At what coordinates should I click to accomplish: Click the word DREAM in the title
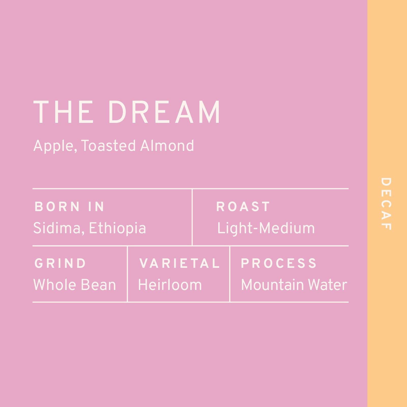click(164, 112)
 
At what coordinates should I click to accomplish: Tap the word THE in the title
click(64, 112)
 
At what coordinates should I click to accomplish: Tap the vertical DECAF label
click(386, 204)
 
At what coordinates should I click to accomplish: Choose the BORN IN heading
click(69, 207)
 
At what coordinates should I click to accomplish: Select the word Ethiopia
click(118, 228)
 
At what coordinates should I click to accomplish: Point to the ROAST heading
click(243, 207)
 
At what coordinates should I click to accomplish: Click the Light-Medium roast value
click(266, 228)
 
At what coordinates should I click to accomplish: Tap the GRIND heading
click(60, 263)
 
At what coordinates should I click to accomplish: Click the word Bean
click(97, 285)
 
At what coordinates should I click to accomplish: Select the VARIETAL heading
click(179, 263)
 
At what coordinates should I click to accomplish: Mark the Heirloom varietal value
click(170, 285)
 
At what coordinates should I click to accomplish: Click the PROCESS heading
click(279, 263)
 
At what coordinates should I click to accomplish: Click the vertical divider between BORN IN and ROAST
click(192, 217)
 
